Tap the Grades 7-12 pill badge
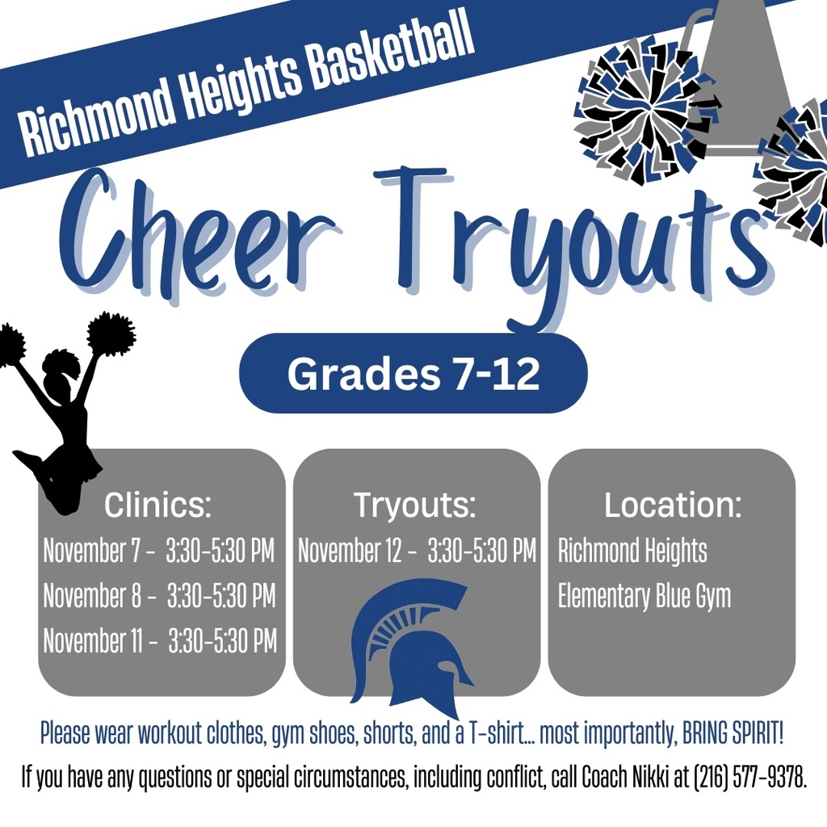tap(413, 373)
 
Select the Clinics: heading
tap(158, 506)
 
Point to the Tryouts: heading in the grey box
tap(415, 506)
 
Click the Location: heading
tap(672, 506)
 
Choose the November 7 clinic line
tap(158, 552)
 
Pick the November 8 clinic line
tap(158, 596)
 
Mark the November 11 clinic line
tap(159, 640)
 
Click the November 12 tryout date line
tap(416, 552)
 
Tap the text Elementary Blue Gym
tap(644, 596)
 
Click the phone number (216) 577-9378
tap(749, 778)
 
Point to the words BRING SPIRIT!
tap(733, 734)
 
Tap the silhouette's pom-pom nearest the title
tap(111, 333)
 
